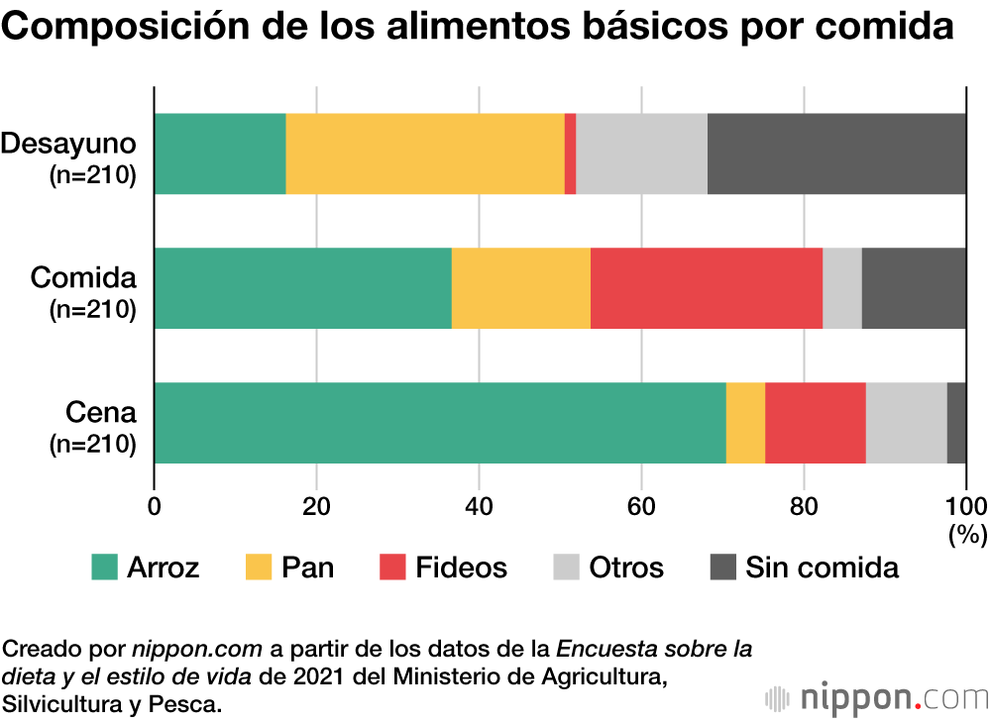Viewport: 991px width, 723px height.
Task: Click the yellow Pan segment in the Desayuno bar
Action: (x=425, y=154)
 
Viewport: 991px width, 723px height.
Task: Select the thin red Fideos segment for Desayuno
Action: (x=571, y=154)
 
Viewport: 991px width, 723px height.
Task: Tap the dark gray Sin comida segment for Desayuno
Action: (x=836, y=154)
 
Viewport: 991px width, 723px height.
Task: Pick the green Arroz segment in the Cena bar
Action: (x=440, y=422)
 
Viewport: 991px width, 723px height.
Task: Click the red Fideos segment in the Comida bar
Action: (x=707, y=288)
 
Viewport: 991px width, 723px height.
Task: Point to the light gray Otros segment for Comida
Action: (x=842, y=288)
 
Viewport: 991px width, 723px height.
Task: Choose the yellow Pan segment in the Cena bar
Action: (x=745, y=422)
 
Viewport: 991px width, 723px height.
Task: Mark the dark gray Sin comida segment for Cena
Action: (x=956, y=422)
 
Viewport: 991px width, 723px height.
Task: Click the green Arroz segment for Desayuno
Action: (x=220, y=154)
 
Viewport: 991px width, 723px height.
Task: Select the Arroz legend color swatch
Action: (x=104, y=568)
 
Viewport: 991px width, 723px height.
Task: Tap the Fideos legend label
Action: (x=461, y=568)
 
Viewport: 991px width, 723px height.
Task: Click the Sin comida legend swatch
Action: (x=723, y=568)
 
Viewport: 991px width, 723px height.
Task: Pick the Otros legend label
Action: (x=626, y=568)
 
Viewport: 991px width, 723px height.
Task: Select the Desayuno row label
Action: (x=67, y=144)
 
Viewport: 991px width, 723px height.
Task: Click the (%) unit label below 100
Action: (x=967, y=536)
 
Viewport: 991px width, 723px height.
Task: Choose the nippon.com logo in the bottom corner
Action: (x=877, y=697)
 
